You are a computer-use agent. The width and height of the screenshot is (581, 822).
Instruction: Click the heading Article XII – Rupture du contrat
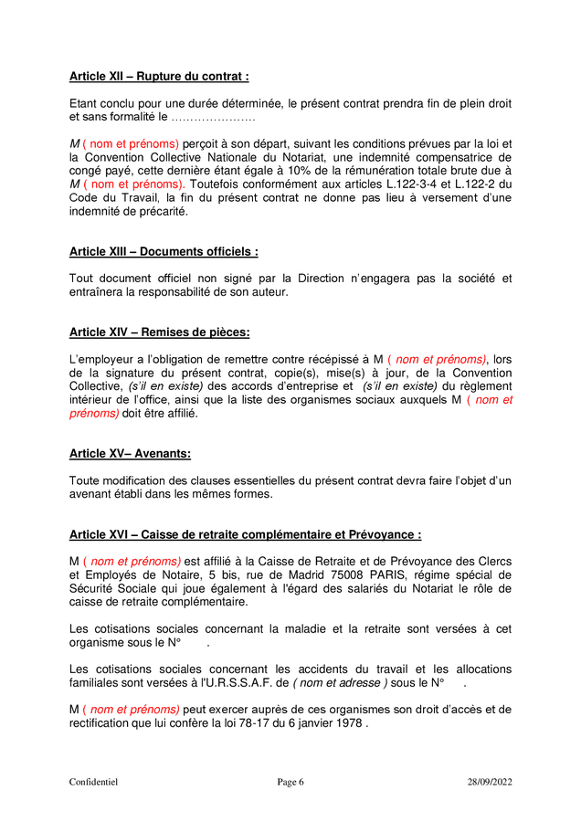159,77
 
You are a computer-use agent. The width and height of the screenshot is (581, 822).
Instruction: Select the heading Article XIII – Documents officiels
164,251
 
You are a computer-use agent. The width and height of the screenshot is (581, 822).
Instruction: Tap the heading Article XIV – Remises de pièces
159,332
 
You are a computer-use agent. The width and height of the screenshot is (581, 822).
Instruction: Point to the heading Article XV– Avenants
130,453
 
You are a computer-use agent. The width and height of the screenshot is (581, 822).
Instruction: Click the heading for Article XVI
245,534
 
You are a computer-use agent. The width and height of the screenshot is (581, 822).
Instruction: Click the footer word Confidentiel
93,782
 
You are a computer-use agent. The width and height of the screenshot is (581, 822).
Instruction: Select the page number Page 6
290,782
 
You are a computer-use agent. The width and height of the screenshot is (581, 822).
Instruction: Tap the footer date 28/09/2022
490,782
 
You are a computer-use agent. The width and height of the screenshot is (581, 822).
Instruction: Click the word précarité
161,211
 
